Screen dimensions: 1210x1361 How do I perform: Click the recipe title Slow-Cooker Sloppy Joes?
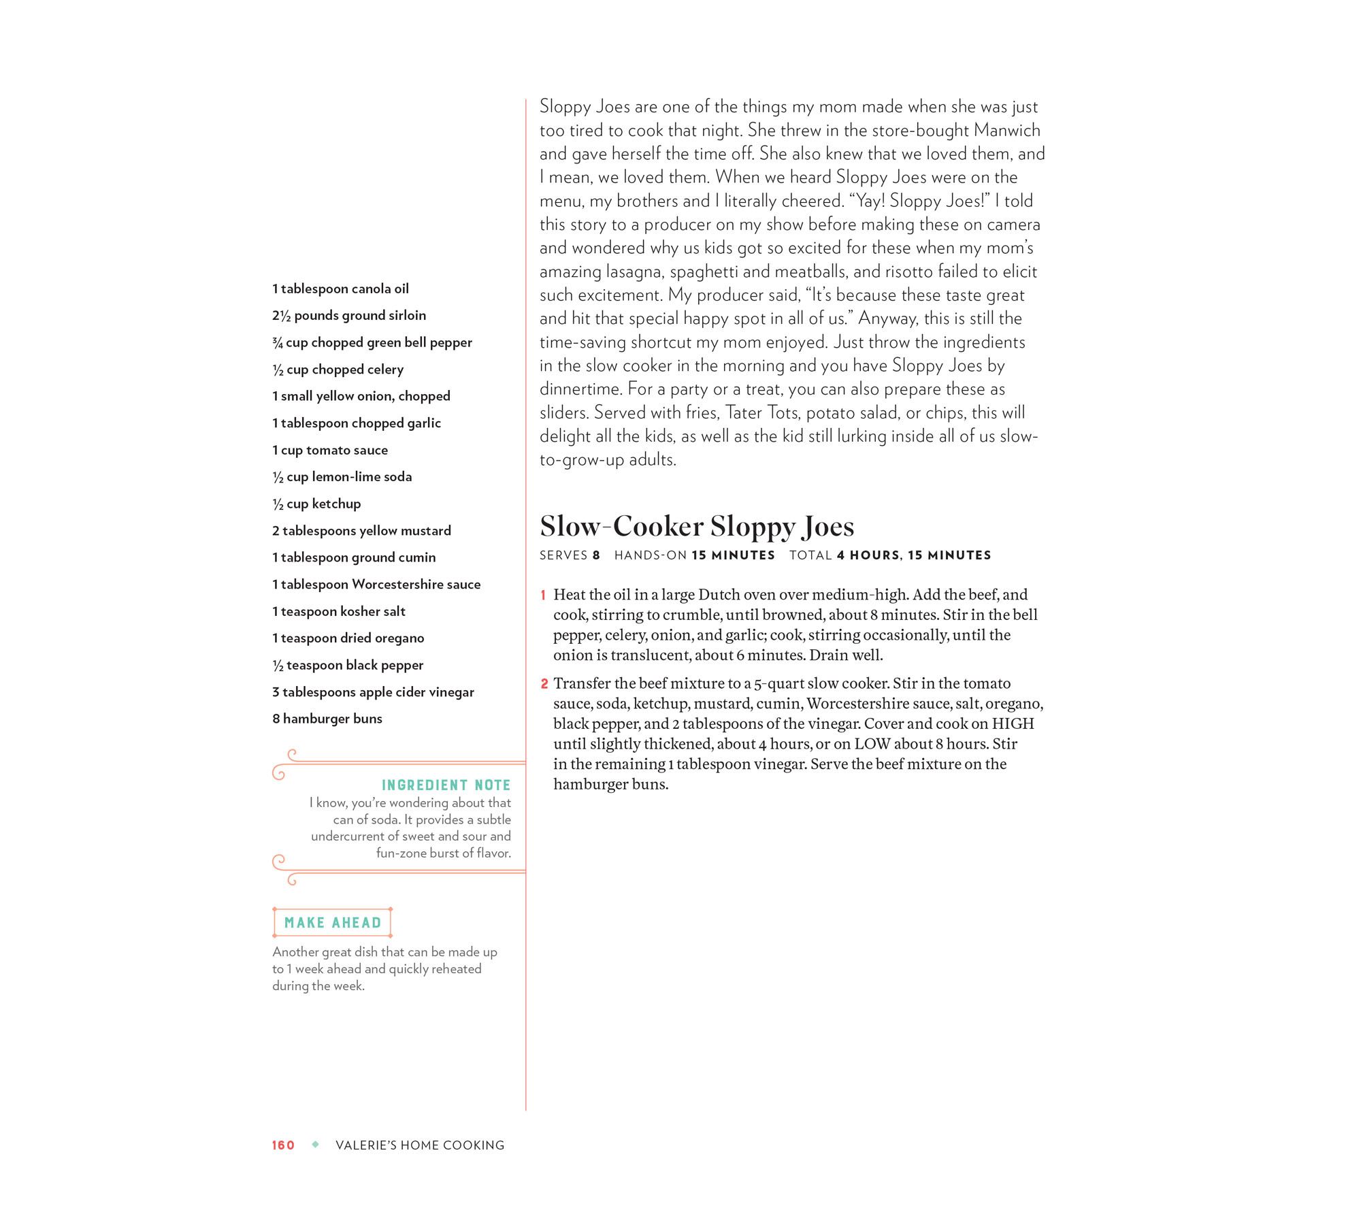(696, 526)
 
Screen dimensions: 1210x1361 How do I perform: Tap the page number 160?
(283, 1145)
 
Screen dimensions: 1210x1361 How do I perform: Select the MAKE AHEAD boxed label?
(333, 923)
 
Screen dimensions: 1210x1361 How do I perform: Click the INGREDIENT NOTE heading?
(446, 785)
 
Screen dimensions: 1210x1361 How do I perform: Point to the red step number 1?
(543, 595)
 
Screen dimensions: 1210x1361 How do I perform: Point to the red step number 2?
(544, 684)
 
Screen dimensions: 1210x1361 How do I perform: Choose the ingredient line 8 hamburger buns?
(327, 719)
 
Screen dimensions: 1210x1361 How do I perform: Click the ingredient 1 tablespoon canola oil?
(340, 289)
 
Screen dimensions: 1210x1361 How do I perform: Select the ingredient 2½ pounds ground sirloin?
(349, 315)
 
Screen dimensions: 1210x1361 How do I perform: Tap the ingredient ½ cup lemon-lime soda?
(342, 476)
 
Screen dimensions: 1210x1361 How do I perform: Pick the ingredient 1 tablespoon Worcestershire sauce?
(376, 584)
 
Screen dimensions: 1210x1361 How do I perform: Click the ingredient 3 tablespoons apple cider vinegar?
(373, 692)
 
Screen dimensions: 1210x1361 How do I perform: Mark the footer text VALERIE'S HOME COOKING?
(420, 1145)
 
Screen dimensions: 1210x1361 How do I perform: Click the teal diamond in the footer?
(315, 1145)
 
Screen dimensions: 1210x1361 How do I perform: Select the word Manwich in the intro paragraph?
(1007, 130)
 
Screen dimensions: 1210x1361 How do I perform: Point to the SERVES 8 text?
(570, 555)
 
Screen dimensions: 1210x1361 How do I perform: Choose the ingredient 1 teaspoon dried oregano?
(348, 638)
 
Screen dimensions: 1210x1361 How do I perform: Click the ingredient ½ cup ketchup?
(316, 504)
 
